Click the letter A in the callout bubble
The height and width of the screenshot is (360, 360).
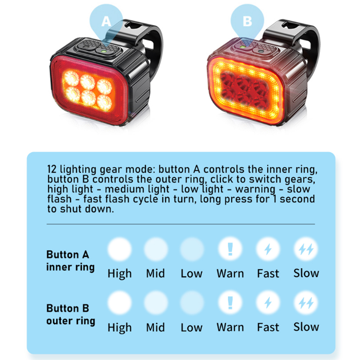[x=106, y=21]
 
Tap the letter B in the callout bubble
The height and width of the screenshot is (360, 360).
[x=247, y=21]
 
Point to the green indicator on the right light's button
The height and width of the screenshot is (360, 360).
[x=242, y=47]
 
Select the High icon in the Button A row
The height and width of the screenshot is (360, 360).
[x=120, y=249]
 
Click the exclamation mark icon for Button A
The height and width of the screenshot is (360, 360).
[x=230, y=249]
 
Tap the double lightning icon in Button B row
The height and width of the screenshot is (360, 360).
[x=306, y=303]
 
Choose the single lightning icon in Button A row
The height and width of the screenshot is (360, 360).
[x=268, y=249]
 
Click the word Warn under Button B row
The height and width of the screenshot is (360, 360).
[x=230, y=327]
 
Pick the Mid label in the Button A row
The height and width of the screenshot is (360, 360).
[x=155, y=273]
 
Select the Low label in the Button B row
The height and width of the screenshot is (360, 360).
[x=192, y=327]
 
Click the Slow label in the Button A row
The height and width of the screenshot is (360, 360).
[x=306, y=273]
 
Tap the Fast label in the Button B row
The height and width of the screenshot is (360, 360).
[x=268, y=327]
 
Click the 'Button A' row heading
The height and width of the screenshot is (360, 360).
[x=68, y=254]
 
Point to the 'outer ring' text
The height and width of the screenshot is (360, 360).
[x=71, y=321]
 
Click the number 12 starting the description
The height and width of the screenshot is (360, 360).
[x=52, y=169]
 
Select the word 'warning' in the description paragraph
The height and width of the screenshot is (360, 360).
[x=255, y=189]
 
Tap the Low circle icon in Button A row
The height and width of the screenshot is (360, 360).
[x=192, y=249]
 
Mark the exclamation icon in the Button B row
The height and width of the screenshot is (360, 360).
[x=230, y=302]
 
